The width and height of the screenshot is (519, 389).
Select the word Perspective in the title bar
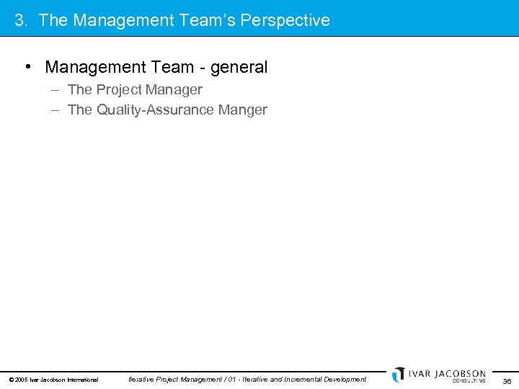click(x=285, y=20)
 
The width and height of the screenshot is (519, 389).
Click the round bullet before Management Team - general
click(x=27, y=68)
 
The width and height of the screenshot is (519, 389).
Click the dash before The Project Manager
click(x=56, y=90)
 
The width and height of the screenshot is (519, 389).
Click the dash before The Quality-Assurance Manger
click(x=56, y=110)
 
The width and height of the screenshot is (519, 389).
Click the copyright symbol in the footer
click(x=11, y=380)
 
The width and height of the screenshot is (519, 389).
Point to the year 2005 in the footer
click(x=21, y=380)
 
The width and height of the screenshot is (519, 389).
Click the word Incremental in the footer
click(x=306, y=379)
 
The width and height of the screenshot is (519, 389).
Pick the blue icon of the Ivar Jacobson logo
click(x=398, y=375)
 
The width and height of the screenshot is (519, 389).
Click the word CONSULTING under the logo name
click(x=469, y=381)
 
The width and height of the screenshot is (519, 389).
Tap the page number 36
click(x=507, y=381)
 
